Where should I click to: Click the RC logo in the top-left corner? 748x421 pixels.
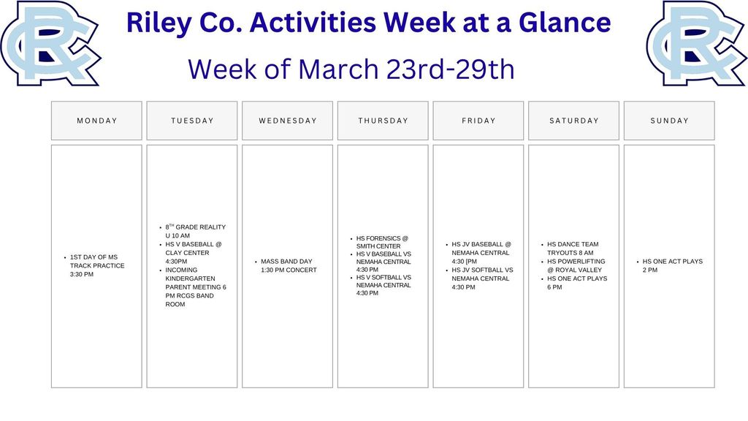click(50, 42)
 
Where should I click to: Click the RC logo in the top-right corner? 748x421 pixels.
click(695, 42)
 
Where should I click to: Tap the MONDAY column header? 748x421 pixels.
click(96, 121)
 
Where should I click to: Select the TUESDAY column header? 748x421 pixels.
click(192, 121)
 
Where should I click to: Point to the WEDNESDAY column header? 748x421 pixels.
click(288, 121)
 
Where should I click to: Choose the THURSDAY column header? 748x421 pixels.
click(383, 121)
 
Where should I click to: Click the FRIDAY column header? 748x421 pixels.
click(478, 121)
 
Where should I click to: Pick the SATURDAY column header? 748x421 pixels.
click(574, 121)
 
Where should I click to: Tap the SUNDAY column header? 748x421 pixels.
click(669, 121)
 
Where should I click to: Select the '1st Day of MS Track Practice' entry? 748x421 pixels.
click(96, 266)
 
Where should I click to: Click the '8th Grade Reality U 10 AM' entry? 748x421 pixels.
click(195, 232)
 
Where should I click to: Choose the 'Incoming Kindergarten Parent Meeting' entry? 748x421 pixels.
click(195, 287)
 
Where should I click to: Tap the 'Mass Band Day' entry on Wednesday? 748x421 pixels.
click(289, 266)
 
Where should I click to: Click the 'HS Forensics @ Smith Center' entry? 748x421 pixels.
click(382, 243)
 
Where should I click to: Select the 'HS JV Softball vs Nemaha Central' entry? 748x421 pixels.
click(482, 278)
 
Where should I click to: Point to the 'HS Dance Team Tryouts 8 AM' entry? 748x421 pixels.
click(573, 249)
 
